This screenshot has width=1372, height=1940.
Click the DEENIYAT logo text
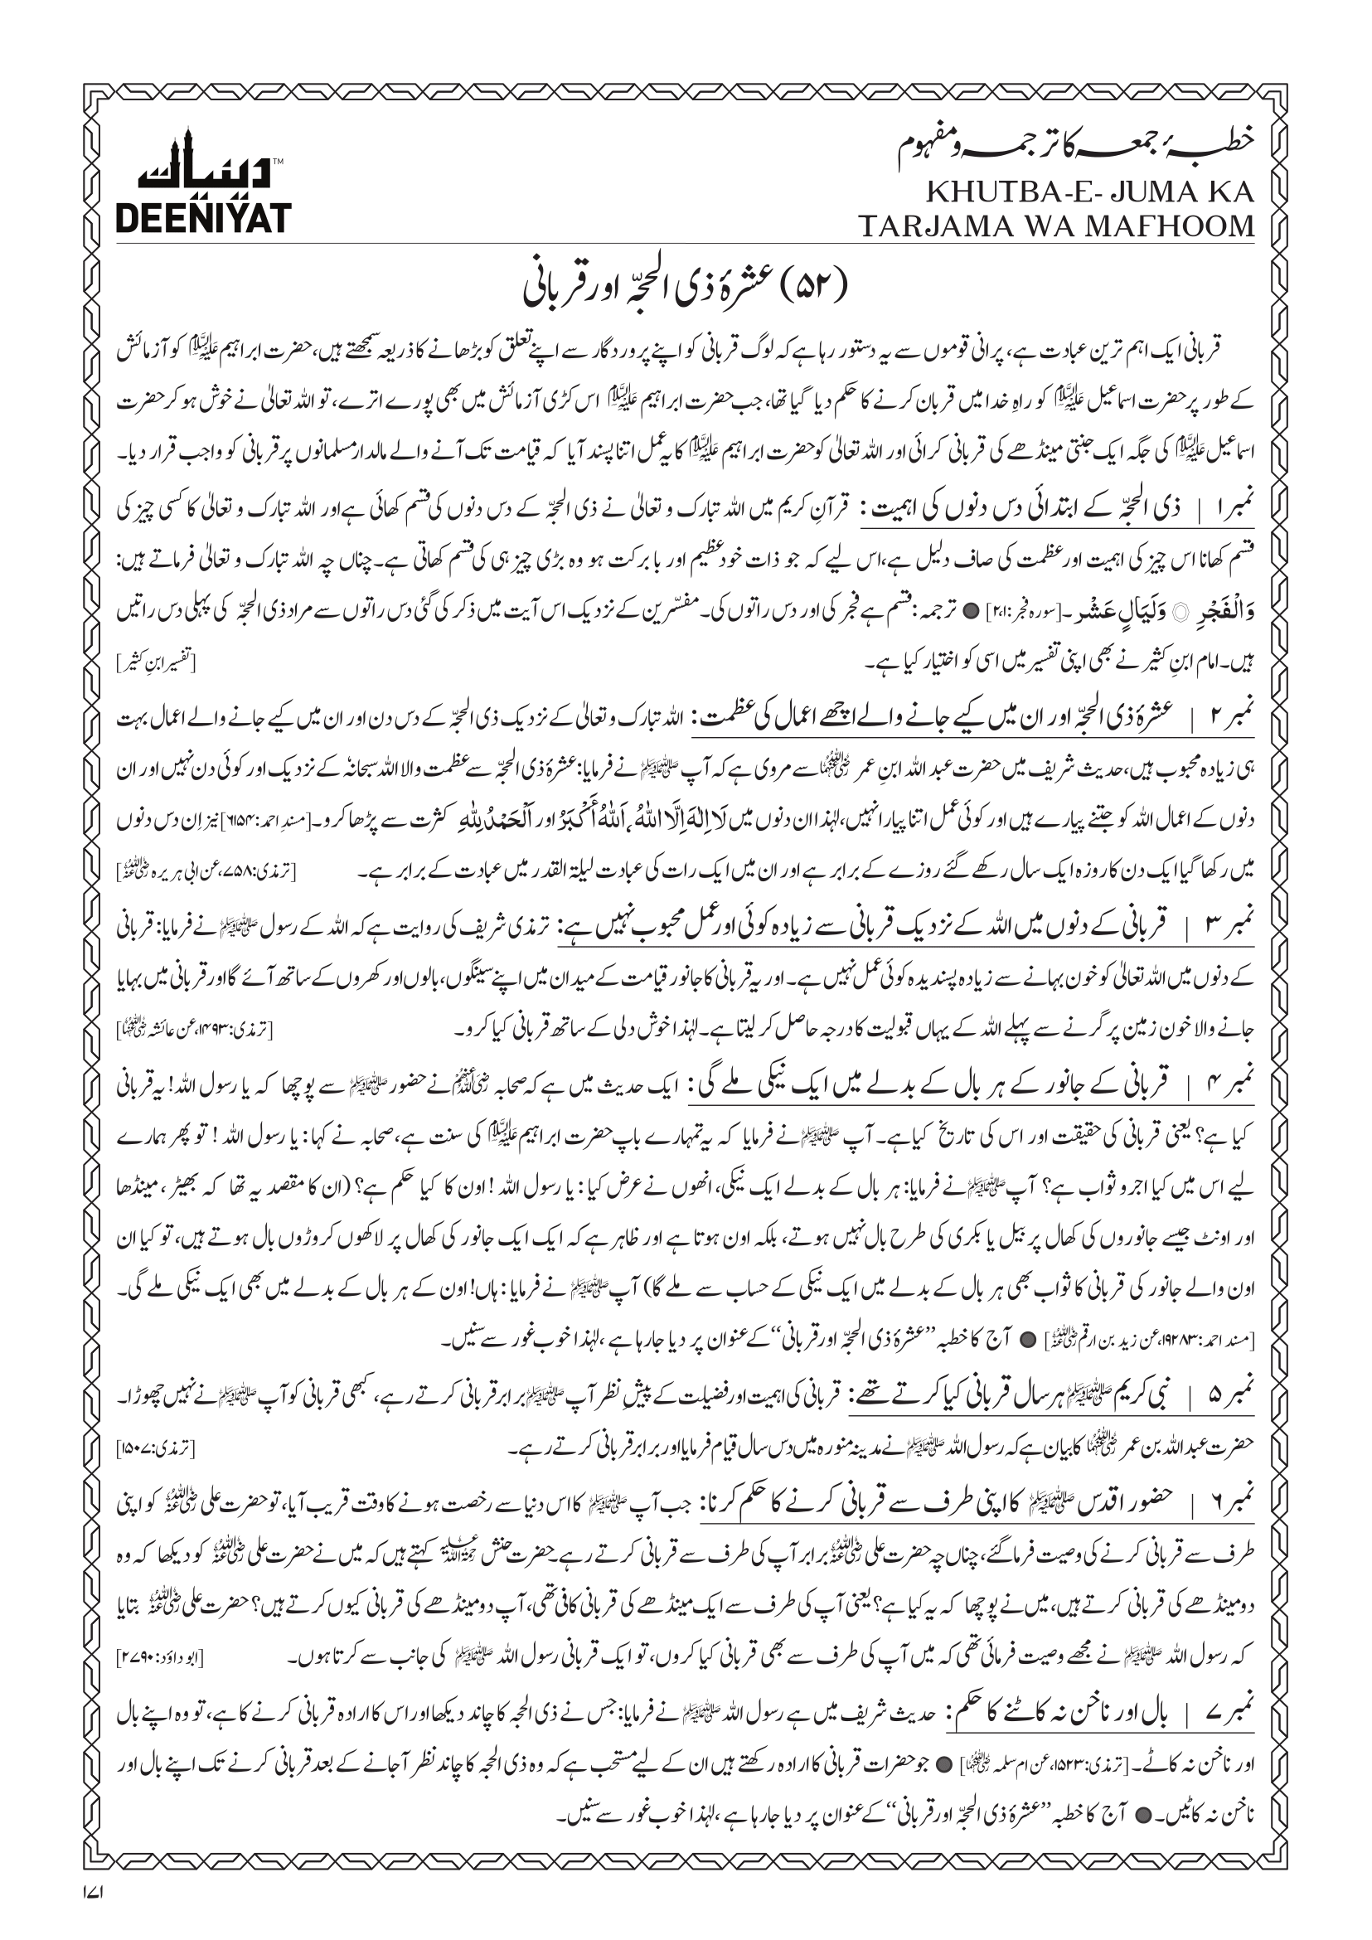point(203,217)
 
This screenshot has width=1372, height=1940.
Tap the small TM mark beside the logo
point(279,159)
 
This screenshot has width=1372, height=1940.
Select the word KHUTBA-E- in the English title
point(987,192)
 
